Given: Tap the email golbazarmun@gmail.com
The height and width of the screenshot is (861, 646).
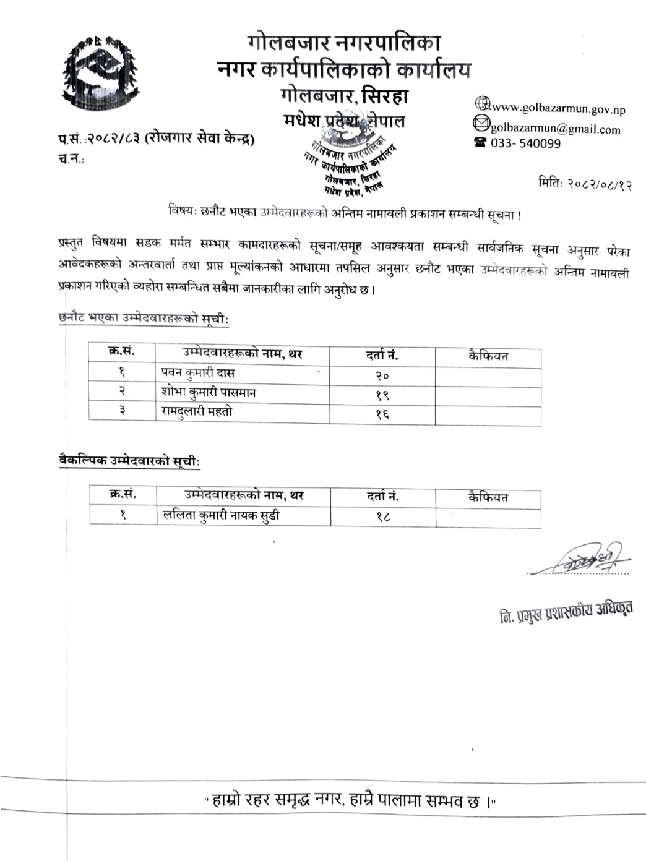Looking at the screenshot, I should (x=555, y=129).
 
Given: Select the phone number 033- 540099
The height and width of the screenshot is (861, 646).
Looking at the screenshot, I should (x=525, y=143).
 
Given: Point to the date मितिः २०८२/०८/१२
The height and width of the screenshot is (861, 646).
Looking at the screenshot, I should (x=585, y=184).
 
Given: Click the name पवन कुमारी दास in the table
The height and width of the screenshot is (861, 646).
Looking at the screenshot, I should (x=197, y=373).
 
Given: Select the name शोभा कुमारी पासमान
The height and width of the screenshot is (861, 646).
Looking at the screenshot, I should (x=208, y=392).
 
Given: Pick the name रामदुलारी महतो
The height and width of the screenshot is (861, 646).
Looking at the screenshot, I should (x=197, y=411).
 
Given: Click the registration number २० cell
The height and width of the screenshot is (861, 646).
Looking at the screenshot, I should (x=382, y=375).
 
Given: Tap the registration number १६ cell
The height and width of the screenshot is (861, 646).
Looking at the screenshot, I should (x=382, y=414).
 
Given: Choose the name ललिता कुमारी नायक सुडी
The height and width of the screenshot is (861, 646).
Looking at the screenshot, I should (x=220, y=515).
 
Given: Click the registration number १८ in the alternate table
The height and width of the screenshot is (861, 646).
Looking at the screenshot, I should (x=382, y=516).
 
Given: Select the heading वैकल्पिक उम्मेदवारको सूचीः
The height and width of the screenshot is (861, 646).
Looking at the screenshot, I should (x=129, y=460).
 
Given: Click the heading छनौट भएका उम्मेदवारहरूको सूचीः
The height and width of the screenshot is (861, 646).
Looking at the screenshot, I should (x=144, y=319).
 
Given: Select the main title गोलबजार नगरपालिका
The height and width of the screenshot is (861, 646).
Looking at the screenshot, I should (x=343, y=43).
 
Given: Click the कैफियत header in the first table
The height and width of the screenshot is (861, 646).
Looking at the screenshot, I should (x=488, y=356).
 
